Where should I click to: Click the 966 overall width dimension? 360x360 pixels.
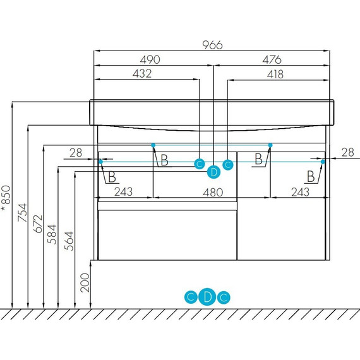[x=212, y=45]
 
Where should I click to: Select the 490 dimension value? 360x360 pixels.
[x=150, y=60]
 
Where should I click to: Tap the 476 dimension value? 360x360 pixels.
[x=272, y=60]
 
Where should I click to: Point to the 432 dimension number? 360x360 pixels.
[x=142, y=74]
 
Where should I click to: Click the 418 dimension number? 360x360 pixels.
[x=275, y=75]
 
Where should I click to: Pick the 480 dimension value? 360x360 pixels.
[x=213, y=193]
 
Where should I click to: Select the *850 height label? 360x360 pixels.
[x=6, y=198]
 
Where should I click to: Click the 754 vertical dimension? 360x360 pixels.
[x=23, y=213]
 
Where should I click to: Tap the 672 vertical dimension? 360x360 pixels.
[x=38, y=224]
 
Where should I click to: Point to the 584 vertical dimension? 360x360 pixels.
[x=52, y=234]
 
